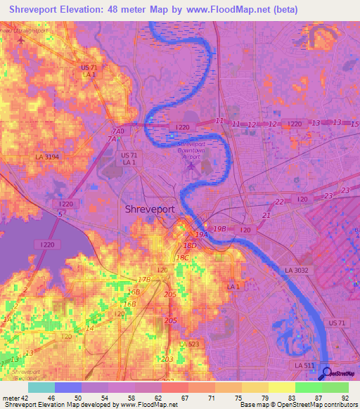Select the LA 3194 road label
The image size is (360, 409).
[49, 157]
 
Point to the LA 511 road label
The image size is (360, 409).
[305, 366]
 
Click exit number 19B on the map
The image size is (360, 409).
[219, 228]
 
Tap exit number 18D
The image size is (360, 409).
[189, 245]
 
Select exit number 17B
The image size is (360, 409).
[144, 279]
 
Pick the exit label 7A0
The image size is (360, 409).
[120, 131]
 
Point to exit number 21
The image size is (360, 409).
[266, 214]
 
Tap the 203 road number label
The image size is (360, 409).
[167, 359]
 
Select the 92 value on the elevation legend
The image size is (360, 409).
[345, 397]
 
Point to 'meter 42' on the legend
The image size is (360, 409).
[14, 397]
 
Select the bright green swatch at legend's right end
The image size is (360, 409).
[335, 387]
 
